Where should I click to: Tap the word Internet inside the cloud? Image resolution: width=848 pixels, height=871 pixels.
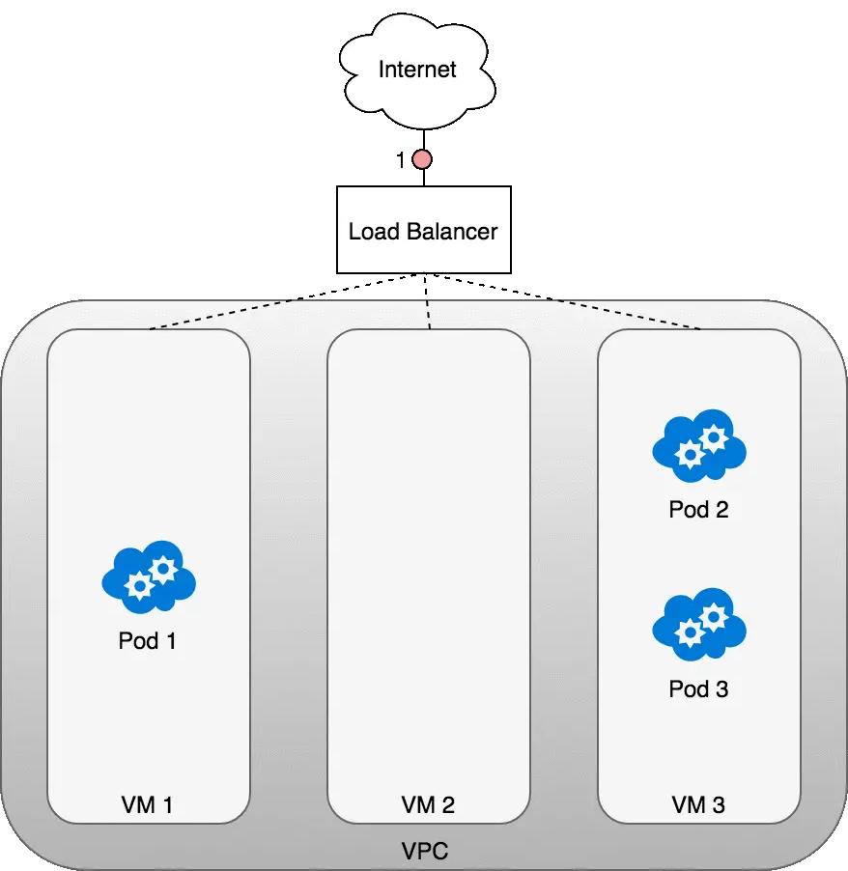(417, 70)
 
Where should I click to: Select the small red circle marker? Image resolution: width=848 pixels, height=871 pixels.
(423, 160)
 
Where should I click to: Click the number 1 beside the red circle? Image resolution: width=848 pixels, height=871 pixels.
(401, 161)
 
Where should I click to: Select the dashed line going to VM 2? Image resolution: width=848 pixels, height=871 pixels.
(426, 304)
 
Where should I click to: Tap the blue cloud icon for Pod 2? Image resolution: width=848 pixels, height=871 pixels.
(699, 445)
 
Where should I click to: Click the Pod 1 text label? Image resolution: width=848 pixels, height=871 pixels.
(148, 640)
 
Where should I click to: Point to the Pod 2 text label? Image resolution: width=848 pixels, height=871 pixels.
(698, 509)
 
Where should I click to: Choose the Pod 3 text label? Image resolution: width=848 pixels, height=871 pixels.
(698, 688)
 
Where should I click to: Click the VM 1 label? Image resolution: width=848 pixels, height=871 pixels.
(148, 804)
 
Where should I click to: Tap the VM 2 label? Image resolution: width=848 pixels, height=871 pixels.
(428, 804)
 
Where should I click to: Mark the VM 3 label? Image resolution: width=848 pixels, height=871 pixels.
(698, 804)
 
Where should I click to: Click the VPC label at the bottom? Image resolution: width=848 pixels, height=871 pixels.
(425, 851)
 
